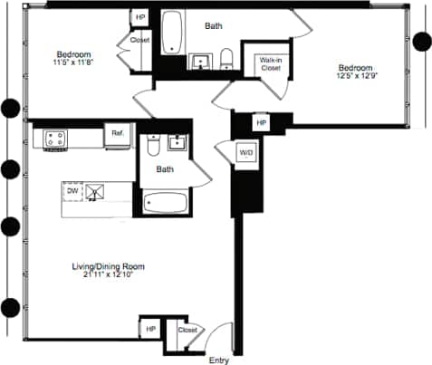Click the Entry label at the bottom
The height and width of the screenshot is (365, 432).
[219, 360]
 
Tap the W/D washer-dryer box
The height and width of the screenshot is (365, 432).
[246, 153]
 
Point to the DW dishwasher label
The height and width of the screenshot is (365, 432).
[71, 190]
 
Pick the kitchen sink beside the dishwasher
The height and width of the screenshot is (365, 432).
[96, 191]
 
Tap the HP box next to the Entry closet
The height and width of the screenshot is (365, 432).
[150, 330]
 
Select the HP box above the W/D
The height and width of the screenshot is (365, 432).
[262, 122]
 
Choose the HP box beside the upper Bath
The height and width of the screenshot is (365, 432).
[140, 17]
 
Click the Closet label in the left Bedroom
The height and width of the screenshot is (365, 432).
[140, 41]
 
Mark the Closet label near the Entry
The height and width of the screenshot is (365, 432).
[187, 331]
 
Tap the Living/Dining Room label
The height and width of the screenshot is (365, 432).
[109, 266]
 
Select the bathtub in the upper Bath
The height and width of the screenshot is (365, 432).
[172, 34]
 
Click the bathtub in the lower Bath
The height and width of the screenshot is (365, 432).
[165, 203]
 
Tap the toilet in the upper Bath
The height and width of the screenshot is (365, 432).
[226, 60]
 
